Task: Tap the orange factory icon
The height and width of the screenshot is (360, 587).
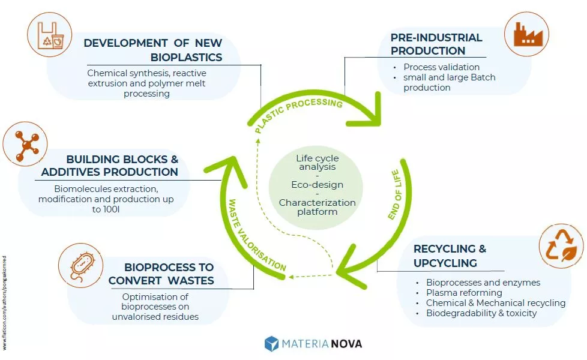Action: point(527,34)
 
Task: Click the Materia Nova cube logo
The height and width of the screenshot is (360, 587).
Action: point(272,344)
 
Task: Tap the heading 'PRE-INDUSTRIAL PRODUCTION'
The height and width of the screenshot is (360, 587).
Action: point(436,44)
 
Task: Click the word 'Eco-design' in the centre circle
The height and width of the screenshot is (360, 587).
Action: point(317,185)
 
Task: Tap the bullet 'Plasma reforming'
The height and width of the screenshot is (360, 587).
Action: point(464,293)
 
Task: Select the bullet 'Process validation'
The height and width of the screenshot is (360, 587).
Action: point(441,67)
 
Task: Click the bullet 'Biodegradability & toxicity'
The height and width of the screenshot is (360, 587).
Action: point(481,313)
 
